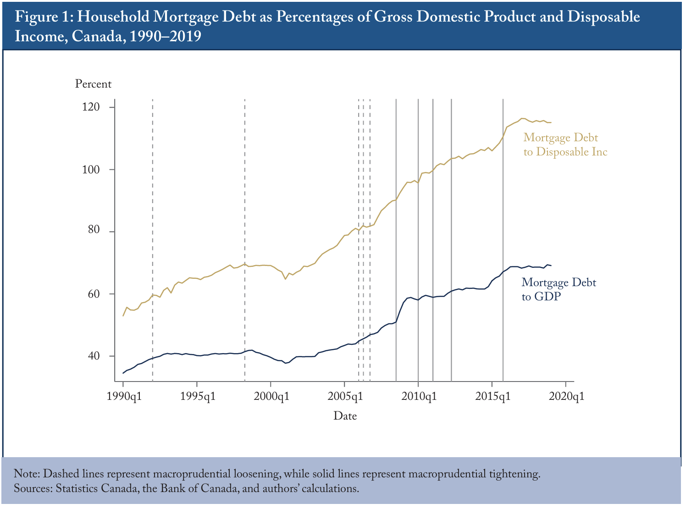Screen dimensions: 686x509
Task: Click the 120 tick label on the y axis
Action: point(91,107)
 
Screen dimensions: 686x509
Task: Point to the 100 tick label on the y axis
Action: point(91,170)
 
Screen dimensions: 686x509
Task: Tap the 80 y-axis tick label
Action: point(94,229)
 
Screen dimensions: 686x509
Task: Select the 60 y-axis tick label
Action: point(94,293)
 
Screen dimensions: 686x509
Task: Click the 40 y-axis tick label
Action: point(94,356)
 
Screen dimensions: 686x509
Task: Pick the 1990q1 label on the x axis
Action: point(124,397)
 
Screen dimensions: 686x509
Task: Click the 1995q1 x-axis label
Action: point(198,397)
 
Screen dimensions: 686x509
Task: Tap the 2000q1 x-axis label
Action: point(271,397)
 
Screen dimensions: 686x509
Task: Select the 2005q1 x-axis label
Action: point(345,397)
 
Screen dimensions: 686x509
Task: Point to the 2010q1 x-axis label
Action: point(419,397)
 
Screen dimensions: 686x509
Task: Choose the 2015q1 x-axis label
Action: point(492,397)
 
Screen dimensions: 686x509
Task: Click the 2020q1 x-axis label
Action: point(567,397)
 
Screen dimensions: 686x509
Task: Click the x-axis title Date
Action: point(345,416)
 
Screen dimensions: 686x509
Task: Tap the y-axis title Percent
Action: point(93,84)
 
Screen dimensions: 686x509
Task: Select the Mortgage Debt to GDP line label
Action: point(559,289)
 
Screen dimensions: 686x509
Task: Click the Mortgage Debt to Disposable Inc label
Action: point(565,145)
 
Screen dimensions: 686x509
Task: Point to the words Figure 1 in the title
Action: point(44,17)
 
